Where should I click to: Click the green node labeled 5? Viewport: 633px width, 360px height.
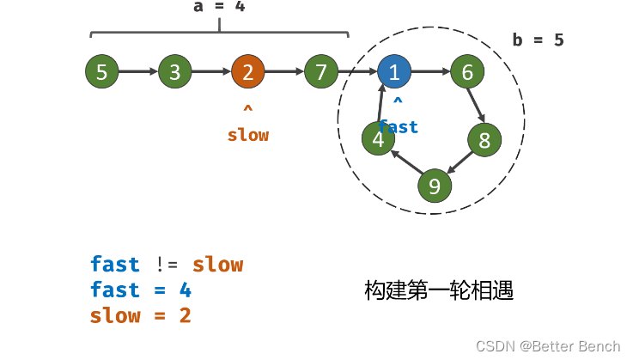coord(101,72)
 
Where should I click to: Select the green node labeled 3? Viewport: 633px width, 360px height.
coord(174,72)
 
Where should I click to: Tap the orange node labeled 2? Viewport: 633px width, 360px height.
coord(247,72)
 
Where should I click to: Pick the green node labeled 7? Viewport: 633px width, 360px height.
coord(320,72)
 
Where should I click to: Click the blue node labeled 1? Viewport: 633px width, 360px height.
coord(393,72)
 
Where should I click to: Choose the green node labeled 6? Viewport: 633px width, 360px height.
coord(467,72)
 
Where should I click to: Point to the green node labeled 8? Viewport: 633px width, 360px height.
coord(484,139)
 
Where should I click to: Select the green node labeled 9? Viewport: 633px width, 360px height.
coord(435,186)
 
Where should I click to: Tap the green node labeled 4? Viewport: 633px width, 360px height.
coord(378,139)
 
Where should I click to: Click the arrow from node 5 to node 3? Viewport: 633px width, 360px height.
coord(137,72)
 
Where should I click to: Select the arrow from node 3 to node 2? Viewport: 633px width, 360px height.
coord(210,72)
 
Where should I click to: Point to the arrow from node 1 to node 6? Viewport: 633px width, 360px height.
coord(430,72)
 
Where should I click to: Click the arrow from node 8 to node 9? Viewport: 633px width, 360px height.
coord(460,162)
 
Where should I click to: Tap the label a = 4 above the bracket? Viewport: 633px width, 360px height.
coord(219,7)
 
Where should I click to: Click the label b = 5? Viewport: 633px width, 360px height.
coord(538,40)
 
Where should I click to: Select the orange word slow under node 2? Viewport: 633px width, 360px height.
coord(247,136)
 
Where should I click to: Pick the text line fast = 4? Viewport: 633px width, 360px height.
coord(140,290)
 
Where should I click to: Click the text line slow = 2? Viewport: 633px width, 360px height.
coord(140,316)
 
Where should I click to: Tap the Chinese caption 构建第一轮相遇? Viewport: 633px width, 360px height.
coord(439,290)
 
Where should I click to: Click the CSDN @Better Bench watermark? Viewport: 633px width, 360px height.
coord(548,345)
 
